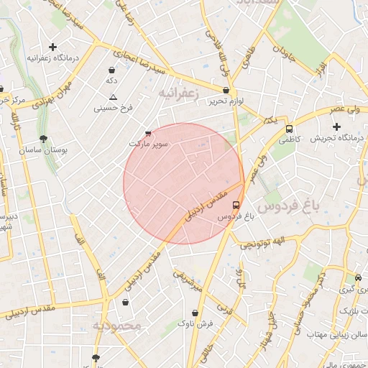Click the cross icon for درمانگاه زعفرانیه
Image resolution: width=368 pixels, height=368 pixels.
point(52,47)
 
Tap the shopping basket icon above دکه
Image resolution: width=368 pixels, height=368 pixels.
point(112,70)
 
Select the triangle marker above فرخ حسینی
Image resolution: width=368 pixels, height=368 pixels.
point(113,96)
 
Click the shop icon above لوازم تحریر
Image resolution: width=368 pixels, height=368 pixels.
point(226,91)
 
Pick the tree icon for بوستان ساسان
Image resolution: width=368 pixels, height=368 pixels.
point(45,139)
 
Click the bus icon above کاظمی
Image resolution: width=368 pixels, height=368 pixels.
point(289,129)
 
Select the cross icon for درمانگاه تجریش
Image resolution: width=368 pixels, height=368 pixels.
point(336,126)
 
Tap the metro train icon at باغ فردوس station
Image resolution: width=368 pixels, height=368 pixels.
point(237,204)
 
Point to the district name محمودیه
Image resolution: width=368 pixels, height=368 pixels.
point(118,326)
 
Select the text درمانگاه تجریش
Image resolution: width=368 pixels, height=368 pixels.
point(338,138)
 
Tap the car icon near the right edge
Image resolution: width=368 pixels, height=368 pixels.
point(358,278)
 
